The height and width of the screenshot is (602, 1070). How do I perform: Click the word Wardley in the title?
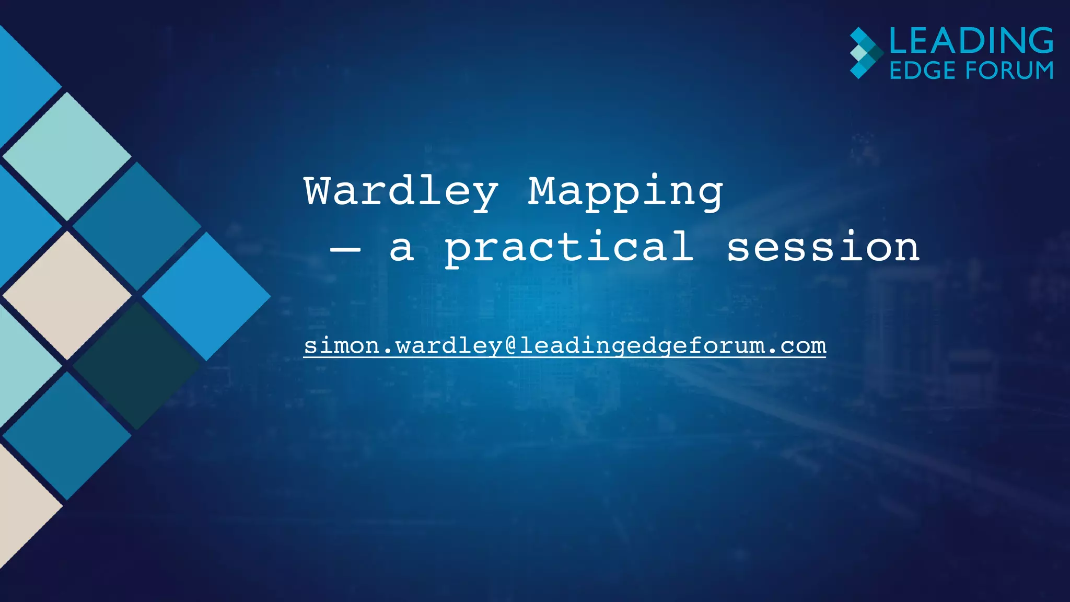(x=401, y=192)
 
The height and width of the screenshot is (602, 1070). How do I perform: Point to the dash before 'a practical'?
(x=345, y=249)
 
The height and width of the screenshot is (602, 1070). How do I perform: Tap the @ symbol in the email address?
(x=511, y=346)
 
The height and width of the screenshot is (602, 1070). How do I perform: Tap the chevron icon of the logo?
(x=865, y=53)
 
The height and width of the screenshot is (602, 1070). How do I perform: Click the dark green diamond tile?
(x=137, y=366)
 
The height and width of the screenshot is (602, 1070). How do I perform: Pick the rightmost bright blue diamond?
(x=206, y=296)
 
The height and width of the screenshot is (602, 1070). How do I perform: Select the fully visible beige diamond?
(x=67, y=296)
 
